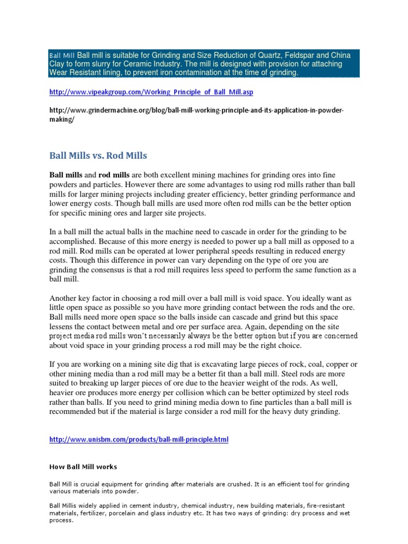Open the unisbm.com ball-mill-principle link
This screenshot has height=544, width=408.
(x=139, y=440)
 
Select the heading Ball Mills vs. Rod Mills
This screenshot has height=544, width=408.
(x=98, y=156)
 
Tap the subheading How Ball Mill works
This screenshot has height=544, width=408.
(x=83, y=467)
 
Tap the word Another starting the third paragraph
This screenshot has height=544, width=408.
(x=65, y=298)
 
